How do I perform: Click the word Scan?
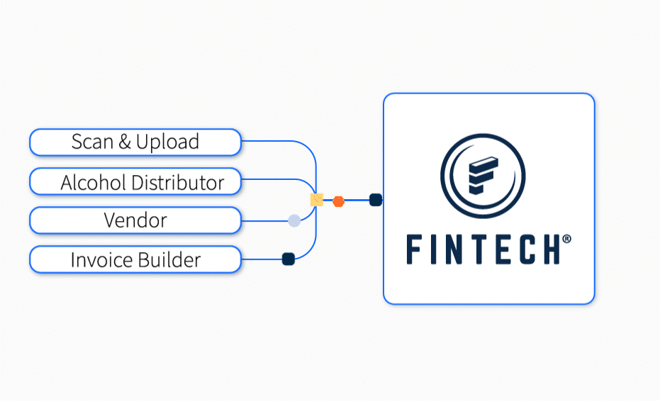[92, 142]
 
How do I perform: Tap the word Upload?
[167, 142]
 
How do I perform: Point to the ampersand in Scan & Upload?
[125, 142]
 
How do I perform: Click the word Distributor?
[177, 182]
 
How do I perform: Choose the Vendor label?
[135, 220]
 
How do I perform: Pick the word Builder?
[169, 260]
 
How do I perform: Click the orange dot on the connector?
[339, 201]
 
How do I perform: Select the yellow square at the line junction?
[317, 200]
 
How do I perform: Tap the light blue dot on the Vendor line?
[294, 220]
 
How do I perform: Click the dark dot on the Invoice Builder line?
[289, 259]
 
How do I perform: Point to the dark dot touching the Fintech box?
[376, 200]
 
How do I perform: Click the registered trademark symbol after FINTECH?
[566, 239]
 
